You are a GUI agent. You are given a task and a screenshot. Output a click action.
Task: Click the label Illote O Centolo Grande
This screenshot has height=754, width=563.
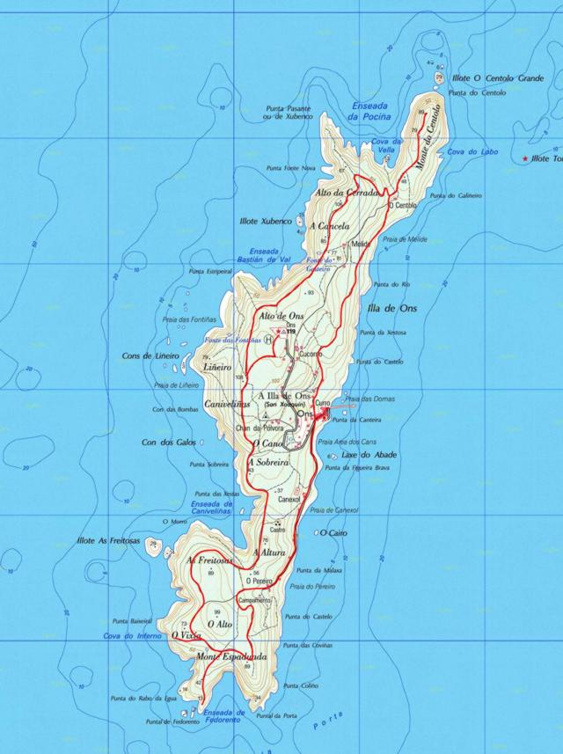click(x=497, y=78)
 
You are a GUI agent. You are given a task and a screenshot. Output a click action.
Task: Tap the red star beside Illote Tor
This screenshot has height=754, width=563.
click(x=526, y=158)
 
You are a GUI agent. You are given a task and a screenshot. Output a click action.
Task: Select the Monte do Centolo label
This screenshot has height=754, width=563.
click(x=431, y=139)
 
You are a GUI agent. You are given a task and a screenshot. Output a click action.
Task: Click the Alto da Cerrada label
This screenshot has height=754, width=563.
click(x=346, y=192)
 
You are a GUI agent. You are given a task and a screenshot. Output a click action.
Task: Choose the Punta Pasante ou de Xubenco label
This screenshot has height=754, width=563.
click(x=288, y=111)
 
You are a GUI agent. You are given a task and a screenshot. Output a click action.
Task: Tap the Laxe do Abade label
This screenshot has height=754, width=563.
click(x=369, y=455)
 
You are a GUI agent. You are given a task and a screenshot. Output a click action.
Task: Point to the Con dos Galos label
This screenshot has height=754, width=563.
click(x=169, y=442)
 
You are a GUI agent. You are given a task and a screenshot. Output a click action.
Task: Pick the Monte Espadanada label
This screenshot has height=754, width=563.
click(x=231, y=657)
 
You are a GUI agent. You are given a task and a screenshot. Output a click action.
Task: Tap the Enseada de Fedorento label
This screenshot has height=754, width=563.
click(x=223, y=716)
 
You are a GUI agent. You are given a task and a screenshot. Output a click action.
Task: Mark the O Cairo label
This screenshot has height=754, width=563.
click(x=332, y=533)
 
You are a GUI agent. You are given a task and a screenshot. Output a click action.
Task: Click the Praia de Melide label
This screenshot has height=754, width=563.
click(x=406, y=238)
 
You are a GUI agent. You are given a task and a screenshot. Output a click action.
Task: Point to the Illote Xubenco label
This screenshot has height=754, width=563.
click(x=265, y=221)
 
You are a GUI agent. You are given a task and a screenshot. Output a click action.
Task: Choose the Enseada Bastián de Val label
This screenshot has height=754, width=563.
click(x=264, y=255)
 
